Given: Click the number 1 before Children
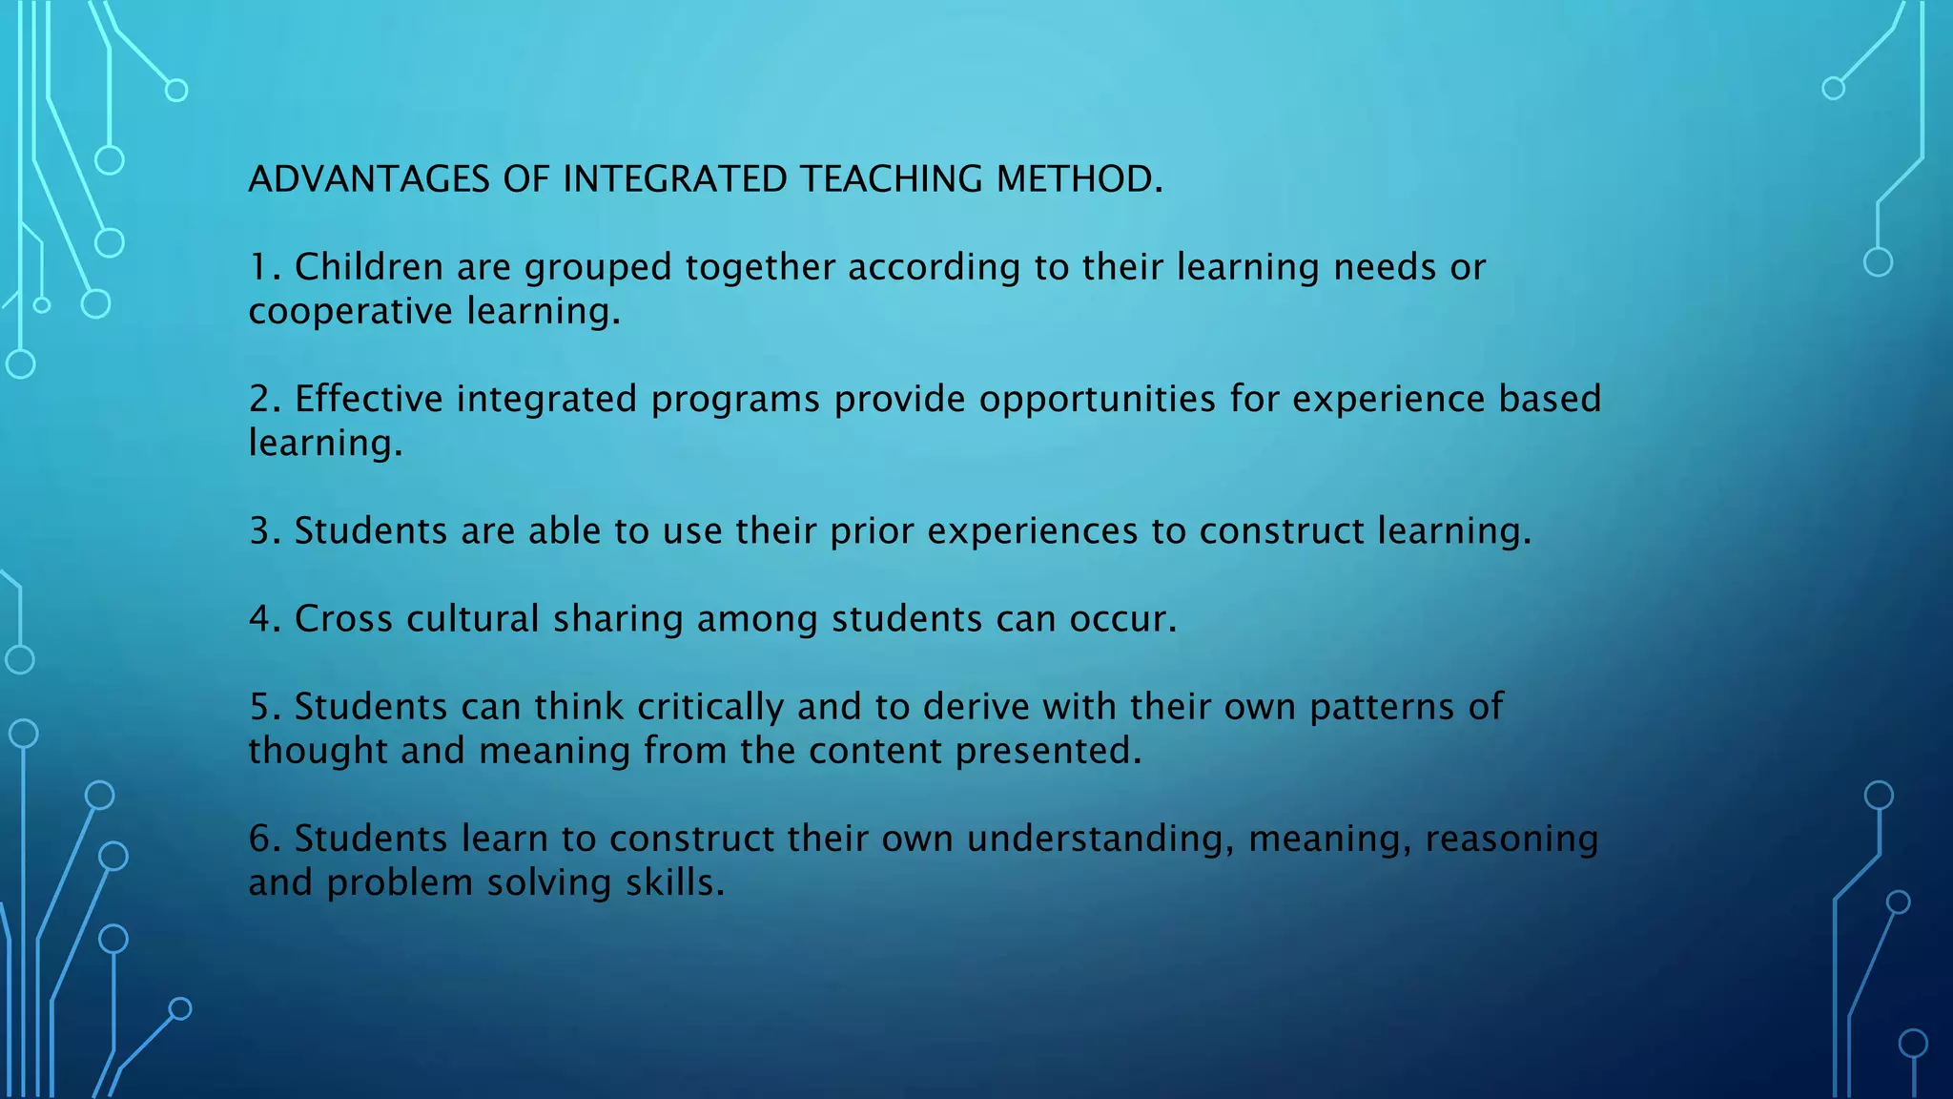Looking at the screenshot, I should click(259, 267).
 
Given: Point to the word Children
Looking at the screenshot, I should click(369, 267).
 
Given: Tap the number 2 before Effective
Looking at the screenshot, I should click(260, 399).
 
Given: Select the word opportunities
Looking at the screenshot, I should click(1097, 400).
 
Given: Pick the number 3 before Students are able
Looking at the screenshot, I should click(260, 531).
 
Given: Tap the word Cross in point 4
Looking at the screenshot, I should click(343, 619).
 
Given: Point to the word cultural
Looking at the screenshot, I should click(473, 619).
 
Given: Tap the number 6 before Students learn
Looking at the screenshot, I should click(260, 839).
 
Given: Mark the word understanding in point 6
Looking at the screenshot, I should click(1100, 840).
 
